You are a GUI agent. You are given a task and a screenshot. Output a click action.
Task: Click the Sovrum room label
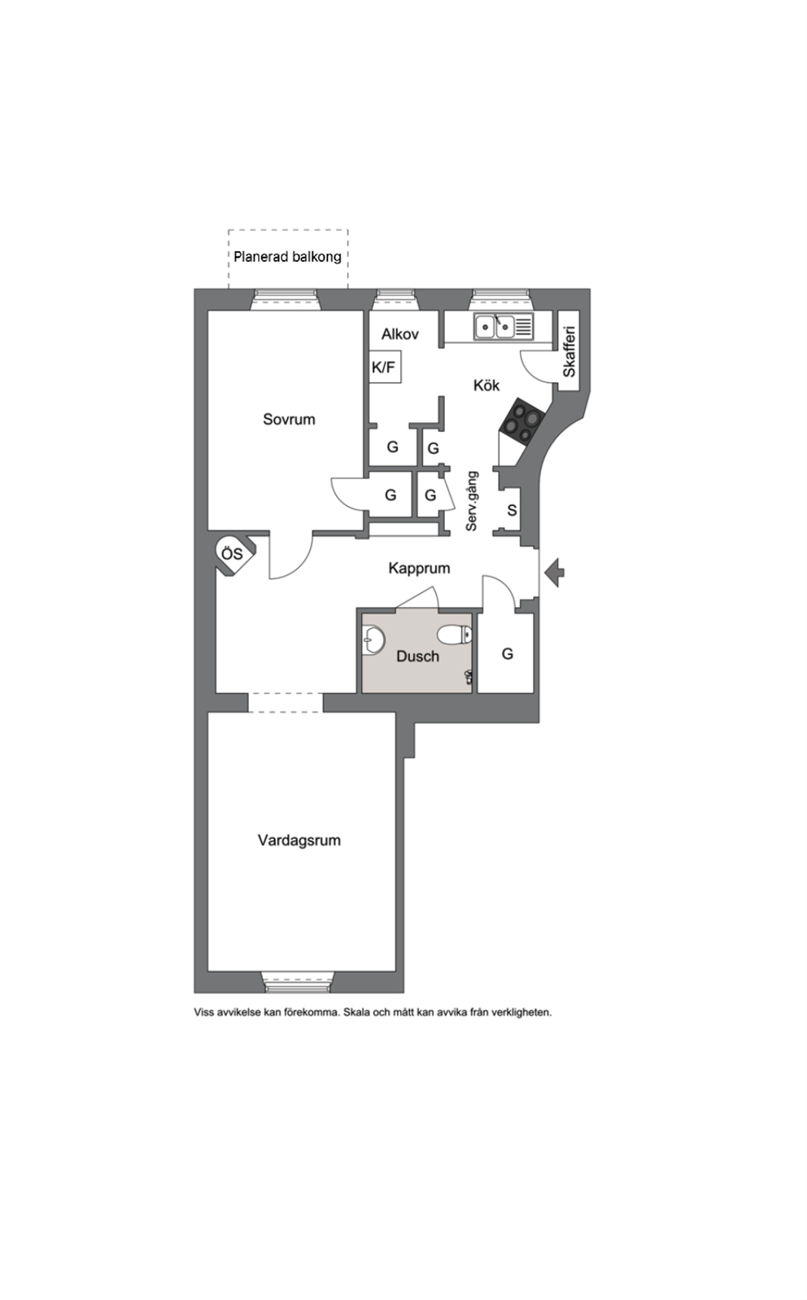289,419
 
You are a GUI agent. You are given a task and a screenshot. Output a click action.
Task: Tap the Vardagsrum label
299,841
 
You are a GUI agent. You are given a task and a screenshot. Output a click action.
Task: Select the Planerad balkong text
288,256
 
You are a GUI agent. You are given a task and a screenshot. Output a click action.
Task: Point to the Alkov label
399,334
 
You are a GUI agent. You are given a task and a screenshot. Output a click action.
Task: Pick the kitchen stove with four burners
521,422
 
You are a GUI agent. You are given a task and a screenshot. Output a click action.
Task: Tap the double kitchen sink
495,326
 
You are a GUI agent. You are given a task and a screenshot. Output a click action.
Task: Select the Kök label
486,386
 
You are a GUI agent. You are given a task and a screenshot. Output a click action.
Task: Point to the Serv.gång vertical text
473,500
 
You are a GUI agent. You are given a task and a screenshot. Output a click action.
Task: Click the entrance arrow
555,572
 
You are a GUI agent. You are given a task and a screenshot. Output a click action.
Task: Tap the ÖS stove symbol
233,555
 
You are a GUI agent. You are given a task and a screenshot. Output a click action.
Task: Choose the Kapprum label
420,568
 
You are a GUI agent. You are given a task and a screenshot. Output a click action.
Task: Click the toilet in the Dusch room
456,635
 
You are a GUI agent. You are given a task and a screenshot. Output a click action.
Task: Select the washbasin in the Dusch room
373,641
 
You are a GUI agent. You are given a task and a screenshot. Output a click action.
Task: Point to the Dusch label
417,657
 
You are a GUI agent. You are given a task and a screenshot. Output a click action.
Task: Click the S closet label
512,511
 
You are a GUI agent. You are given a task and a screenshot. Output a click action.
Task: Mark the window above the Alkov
397,299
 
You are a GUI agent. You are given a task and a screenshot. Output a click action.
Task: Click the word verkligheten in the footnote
521,1013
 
